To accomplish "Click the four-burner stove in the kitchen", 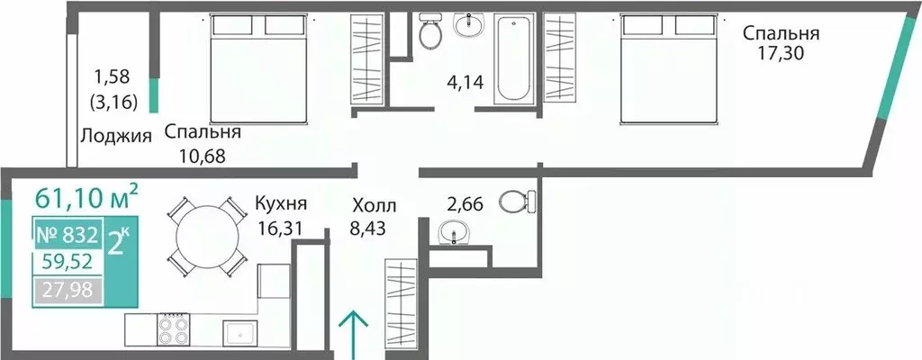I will tap(175, 329).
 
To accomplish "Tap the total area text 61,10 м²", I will tap(86, 195).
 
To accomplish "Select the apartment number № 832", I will tap(67, 236).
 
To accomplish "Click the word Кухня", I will tap(281, 202).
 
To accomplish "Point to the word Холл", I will tap(373, 205).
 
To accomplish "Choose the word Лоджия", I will tap(115, 137).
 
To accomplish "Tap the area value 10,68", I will tap(194, 154).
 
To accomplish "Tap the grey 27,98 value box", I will tap(68, 289).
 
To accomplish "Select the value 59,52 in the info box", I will tap(68, 263).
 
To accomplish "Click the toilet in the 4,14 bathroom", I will tap(430, 33).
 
